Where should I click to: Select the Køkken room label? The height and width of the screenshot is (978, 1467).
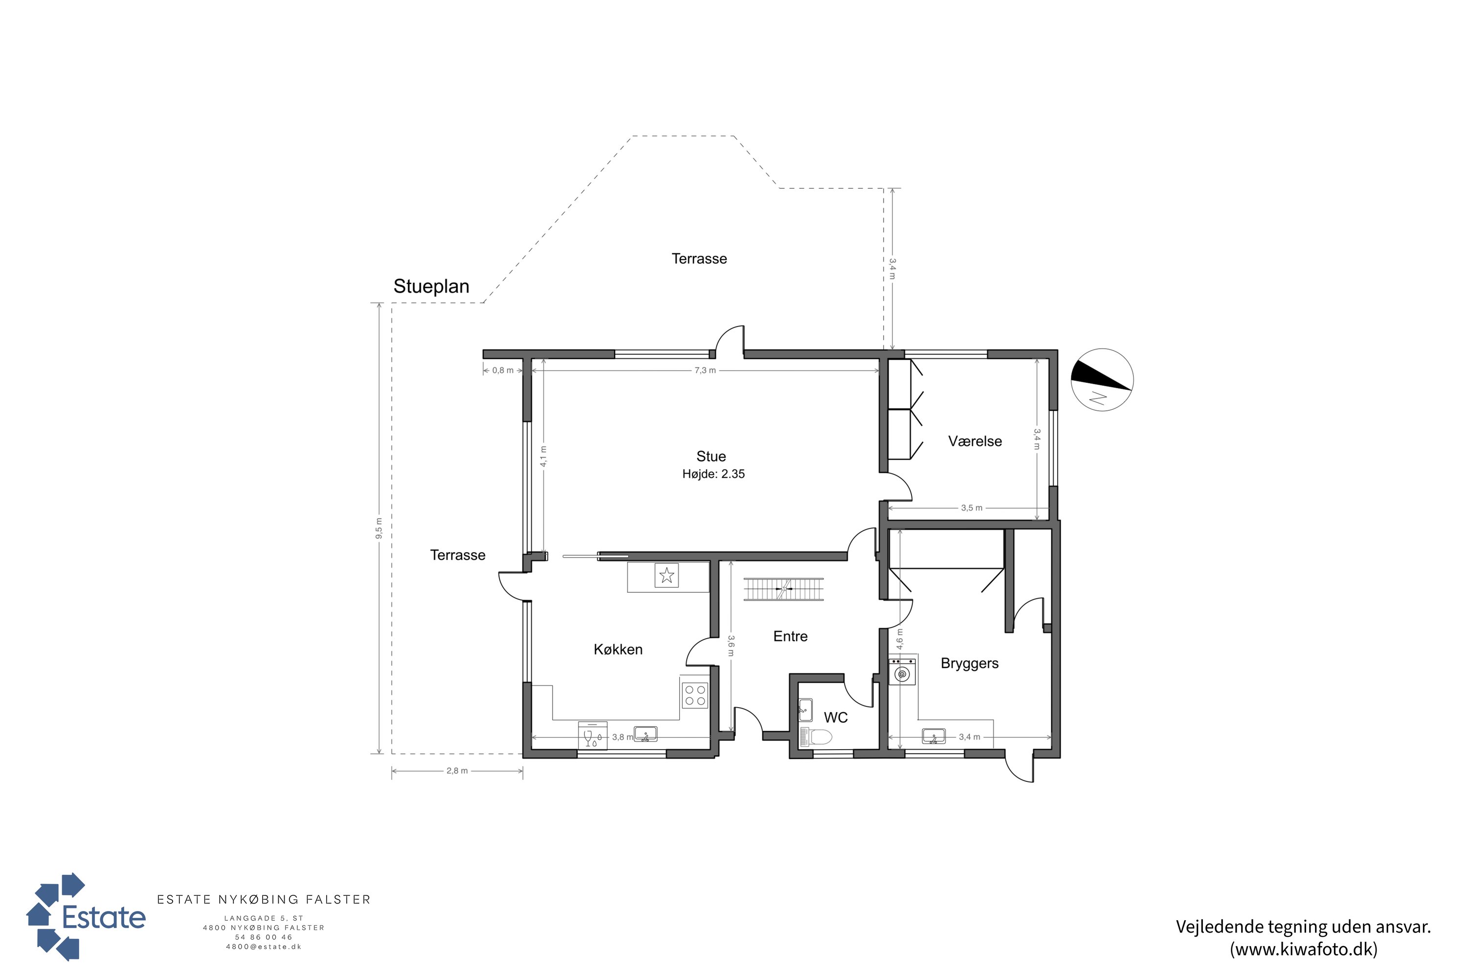(x=618, y=649)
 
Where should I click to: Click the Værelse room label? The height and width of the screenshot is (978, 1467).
(x=975, y=441)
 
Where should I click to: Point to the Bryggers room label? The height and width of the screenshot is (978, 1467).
(x=969, y=664)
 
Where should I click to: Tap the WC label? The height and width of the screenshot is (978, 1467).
(x=836, y=717)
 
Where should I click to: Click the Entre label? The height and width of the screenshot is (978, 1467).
(x=790, y=636)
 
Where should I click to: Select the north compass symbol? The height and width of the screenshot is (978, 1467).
(x=1102, y=380)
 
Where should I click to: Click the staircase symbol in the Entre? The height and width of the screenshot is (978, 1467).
(x=783, y=589)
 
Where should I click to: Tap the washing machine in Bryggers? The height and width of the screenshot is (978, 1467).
(x=902, y=672)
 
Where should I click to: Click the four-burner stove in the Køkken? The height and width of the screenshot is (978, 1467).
(x=695, y=695)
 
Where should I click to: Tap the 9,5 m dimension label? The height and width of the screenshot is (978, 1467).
(x=378, y=528)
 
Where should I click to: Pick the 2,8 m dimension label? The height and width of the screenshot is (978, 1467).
(x=457, y=771)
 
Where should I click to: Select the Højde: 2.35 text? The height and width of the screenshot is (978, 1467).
(x=713, y=474)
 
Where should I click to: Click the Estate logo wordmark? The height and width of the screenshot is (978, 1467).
(x=104, y=917)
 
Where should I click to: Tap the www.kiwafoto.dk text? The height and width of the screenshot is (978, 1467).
(x=1304, y=949)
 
